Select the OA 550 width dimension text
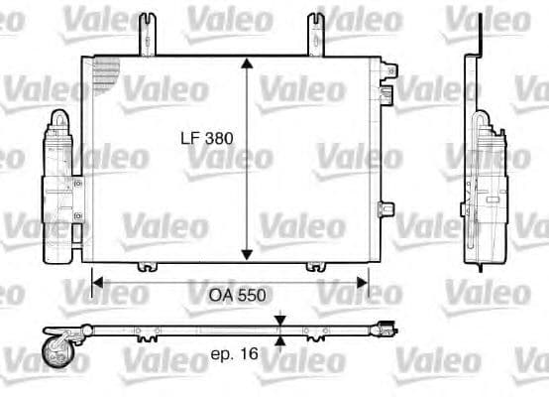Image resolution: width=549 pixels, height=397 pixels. pos(235,294)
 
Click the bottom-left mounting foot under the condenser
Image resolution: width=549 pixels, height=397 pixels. pos(146,265)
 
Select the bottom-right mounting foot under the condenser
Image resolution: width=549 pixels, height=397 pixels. pos(316,265)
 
